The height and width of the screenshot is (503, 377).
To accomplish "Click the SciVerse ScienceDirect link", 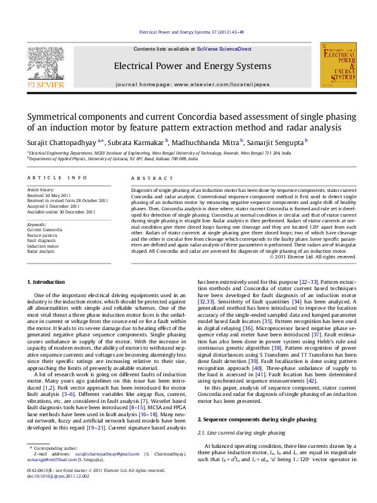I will [224, 49].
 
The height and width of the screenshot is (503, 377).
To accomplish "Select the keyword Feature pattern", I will [42, 235].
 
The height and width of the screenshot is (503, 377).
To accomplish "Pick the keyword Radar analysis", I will [41, 251].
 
